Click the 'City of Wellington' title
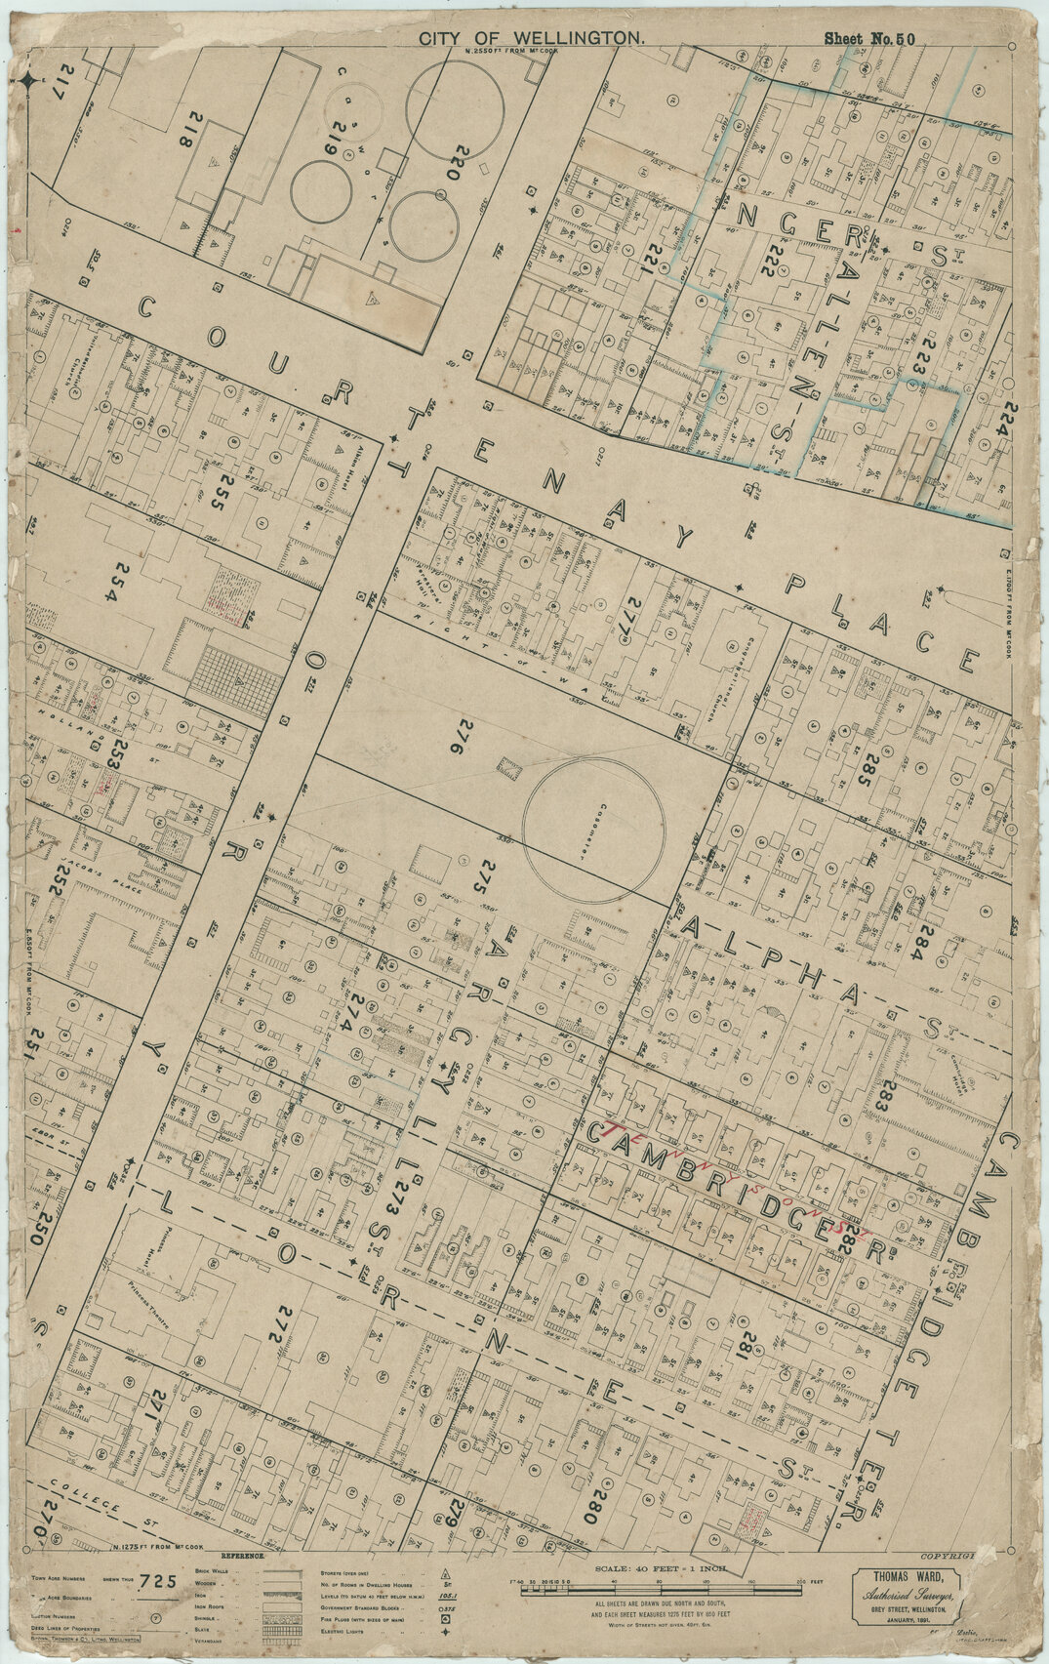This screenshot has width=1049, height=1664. point(533,37)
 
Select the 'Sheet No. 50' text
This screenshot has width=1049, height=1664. point(868,39)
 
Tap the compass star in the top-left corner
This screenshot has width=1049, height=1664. point(30,82)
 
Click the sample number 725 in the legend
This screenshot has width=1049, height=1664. point(158,1582)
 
